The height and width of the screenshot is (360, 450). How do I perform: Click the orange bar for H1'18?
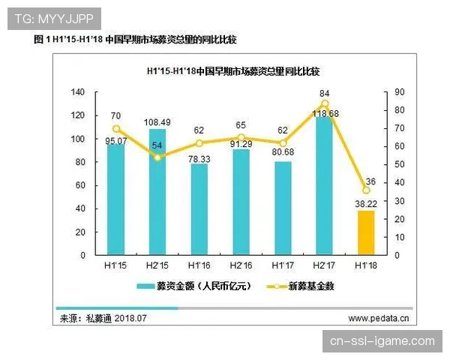[365, 232]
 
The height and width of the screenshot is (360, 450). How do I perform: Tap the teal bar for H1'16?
[199, 209]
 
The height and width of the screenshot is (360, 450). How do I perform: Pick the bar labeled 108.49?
[157, 192]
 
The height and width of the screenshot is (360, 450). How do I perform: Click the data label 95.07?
[115, 140]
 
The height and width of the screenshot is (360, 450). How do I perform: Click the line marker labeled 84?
[325, 103]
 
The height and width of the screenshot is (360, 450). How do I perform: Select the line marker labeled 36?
[366, 190]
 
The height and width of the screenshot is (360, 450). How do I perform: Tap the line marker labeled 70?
[115, 128]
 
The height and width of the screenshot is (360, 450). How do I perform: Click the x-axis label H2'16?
[240, 266]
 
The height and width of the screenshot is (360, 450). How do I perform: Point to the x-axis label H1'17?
[282, 266]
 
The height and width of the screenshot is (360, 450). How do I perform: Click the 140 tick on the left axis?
[77, 92]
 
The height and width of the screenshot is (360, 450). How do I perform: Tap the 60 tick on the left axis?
[79, 185]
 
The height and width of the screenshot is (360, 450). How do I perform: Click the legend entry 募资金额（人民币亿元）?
[191, 286]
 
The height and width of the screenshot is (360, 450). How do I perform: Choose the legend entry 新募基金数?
[300, 286]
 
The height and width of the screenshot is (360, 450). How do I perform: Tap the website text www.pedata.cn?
[378, 318]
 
